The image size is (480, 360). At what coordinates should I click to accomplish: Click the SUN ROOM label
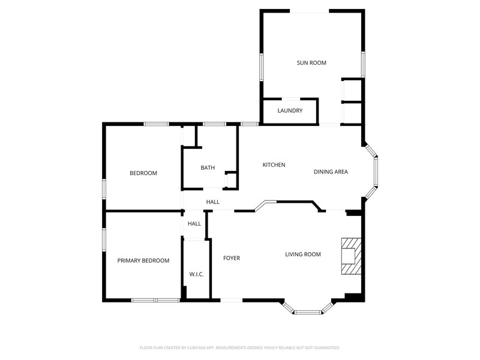(x=311, y=63)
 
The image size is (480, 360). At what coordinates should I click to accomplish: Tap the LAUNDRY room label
(x=290, y=110)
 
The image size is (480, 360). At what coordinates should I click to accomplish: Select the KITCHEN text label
(x=274, y=164)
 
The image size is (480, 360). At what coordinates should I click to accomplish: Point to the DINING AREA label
(x=331, y=172)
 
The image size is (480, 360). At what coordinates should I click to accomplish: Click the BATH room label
(x=208, y=168)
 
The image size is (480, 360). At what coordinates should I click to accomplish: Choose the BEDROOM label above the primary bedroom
(x=143, y=173)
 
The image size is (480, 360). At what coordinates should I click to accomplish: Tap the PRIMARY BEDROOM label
(x=143, y=260)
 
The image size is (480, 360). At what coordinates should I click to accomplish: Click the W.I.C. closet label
(x=196, y=274)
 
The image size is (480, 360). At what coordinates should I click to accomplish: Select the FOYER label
(x=232, y=258)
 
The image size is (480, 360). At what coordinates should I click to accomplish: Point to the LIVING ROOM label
(x=303, y=254)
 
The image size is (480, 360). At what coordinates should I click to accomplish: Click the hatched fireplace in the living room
(x=352, y=256)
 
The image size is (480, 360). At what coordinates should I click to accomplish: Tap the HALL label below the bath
(x=213, y=202)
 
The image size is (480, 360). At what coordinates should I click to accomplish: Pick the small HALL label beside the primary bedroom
(x=194, y=224)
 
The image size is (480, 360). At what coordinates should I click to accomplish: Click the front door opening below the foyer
(x=232, y=301)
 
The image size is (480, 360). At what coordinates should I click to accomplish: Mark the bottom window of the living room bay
(x=308, y=312)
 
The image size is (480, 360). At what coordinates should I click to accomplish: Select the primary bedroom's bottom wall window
(x=155, y=301)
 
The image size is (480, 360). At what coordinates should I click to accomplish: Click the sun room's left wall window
(x=262, y=67)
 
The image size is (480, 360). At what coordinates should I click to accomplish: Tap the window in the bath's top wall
(x=214, y=124)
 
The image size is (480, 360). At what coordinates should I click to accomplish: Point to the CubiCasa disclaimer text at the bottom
(x=239, y=348)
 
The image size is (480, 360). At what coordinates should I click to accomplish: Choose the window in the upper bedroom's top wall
(x=156, y=124)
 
